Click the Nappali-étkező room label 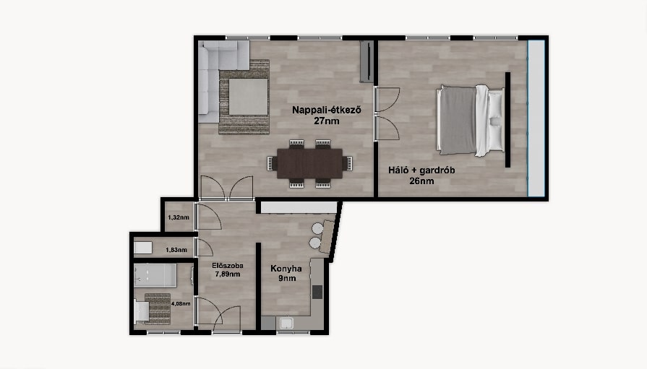(x=327, y=110)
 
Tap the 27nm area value (x=327, y=121)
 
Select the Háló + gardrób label (x=421, y=170)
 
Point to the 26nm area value (x=421, y=181)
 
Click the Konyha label (x=286, y=269)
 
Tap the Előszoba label (x=228, y=266)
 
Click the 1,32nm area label (x=179, y=217)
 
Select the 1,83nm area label (x=176, y=250)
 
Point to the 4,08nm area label (x=181, y=304)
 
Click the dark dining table (x=309, y=163)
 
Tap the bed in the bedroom (x=470, y=121)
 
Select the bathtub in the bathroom (x=155, y=275)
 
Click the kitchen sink (x=286, y=323)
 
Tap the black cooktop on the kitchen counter (x=317, y=292)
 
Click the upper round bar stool (x=317, y=228)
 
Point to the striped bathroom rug (x=158, y=309)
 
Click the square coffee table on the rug (x=248, y=97)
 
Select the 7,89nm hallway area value (x=228, y=274)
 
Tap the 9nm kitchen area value (x=287, y=278)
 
